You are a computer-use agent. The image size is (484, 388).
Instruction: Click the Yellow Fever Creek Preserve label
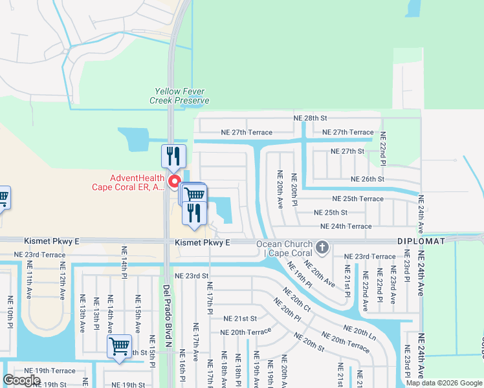(x=179, y=96)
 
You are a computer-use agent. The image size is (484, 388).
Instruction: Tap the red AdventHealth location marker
(x=174, y=182)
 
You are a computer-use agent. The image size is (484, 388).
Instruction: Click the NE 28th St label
(x=311, y=118)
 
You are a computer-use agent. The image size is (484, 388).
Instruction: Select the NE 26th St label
(x=367, y=179)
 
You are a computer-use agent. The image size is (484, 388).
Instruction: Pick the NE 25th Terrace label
(x=357, y=199)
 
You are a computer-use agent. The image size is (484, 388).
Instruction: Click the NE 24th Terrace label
(x=346, y=226)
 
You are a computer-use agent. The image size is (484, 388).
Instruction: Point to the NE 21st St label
(x=240, y=319)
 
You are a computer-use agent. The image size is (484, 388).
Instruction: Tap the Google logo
(x=21, y=380)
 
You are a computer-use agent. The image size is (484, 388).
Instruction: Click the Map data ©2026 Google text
(x=443, y=383)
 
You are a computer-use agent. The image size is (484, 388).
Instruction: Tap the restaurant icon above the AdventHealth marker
(x=173, y=156)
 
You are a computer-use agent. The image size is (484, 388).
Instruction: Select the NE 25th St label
(x=330, y=212)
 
